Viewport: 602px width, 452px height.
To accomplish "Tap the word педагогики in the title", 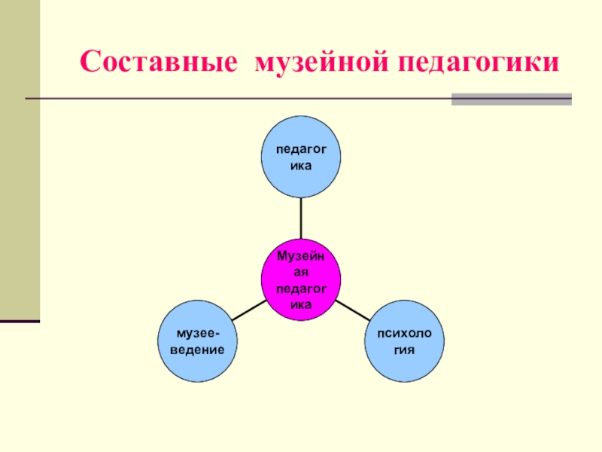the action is [x=479, y=62].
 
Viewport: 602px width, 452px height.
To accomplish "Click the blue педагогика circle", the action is [x=301, y=156].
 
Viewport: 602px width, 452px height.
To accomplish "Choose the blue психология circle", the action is [x=405, y=341].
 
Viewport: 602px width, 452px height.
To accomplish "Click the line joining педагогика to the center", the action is [x=301, y=218].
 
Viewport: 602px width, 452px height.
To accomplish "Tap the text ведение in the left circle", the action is [x=196, y=350].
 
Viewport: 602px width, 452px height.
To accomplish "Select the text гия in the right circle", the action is [x=405, y=350].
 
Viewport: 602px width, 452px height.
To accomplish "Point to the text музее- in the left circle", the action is [x=196, y=333].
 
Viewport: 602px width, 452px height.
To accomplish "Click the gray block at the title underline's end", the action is [x=511, y=99].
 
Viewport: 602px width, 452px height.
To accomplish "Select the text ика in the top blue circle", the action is [x=301, y=165].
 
